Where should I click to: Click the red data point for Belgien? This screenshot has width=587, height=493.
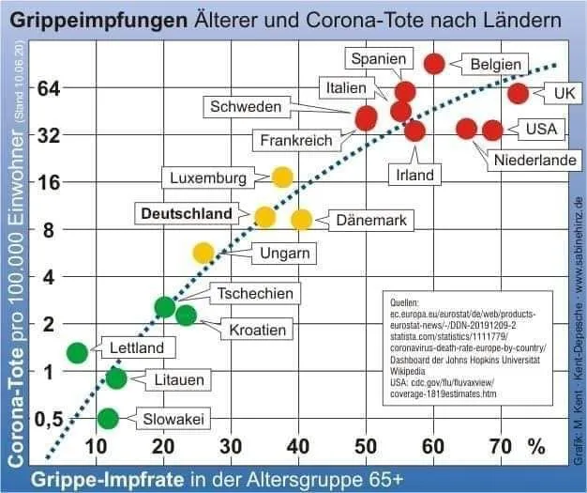[434, 64]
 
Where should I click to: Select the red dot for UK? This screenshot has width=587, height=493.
[519, 93]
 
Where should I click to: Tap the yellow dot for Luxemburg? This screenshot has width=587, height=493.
[282, 177]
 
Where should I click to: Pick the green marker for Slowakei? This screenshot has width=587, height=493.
[108, 418]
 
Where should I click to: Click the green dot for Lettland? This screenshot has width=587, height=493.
[78, 352]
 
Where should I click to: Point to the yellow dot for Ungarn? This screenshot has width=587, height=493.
[203, 253]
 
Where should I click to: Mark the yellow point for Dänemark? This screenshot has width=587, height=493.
[301, 220]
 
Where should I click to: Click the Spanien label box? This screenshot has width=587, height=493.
[378, 59]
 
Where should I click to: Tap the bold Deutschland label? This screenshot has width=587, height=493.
[186, 214]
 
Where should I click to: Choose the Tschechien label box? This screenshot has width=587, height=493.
[255, 294]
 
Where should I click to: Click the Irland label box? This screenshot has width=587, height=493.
[414, 175]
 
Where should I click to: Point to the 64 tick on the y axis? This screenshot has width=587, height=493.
[46, 88]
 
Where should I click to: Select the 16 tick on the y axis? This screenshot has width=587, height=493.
[46, 182]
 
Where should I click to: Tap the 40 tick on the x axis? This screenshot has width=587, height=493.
[298, 443]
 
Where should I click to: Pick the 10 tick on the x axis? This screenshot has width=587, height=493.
[96, 443]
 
